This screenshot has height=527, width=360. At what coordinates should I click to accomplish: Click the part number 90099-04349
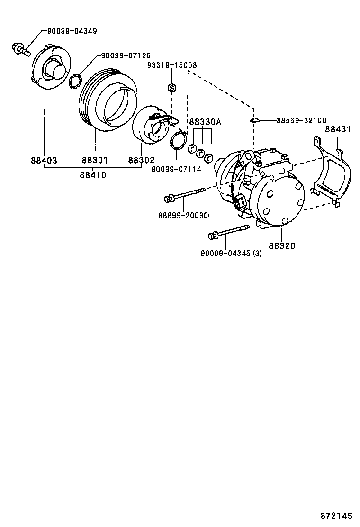(x=72, y=31)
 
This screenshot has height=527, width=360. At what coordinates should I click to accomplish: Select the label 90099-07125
(x=126, y=56)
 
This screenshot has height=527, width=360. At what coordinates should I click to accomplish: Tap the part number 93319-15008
(x=171, y=65)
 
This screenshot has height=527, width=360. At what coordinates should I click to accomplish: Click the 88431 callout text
(x=338, y=129)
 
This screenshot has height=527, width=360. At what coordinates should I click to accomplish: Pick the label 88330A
(x=205, y=122)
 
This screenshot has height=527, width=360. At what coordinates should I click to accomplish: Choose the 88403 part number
(x=44, y=161)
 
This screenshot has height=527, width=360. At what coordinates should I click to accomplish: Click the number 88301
(x=95, y=161)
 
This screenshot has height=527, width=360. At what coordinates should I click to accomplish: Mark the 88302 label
(x=141, y=161)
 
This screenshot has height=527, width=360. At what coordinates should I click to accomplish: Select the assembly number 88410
(x=92, y=175)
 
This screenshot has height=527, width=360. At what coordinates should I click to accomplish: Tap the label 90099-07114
(x=176, y=169)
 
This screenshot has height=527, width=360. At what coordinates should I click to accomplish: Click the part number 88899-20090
(x=183, y=216)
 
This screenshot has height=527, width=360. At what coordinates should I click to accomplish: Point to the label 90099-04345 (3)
(x=231, y=254)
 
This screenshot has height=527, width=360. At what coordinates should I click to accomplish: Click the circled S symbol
(x=171, y=88)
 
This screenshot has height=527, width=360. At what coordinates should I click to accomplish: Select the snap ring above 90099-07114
(x=177, y=141)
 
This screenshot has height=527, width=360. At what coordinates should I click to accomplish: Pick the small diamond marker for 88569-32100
(x=254, y=120)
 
